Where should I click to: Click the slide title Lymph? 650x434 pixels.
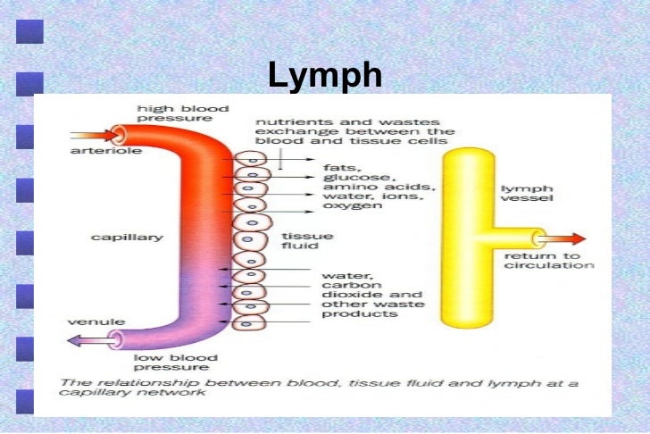(324, 77)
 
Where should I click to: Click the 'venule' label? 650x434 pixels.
(88, 320)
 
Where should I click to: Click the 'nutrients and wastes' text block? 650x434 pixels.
(354, 130)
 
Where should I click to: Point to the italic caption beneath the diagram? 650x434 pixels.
(318, 389)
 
